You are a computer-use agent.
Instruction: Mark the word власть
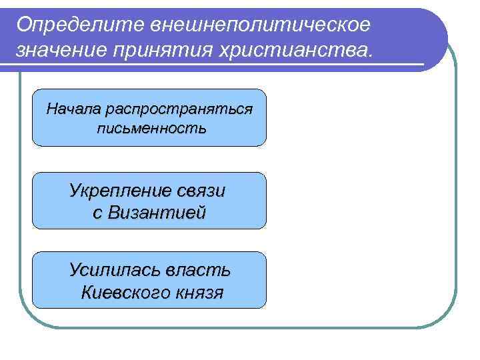point(198,270)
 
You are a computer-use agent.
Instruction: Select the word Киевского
point(125,292)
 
